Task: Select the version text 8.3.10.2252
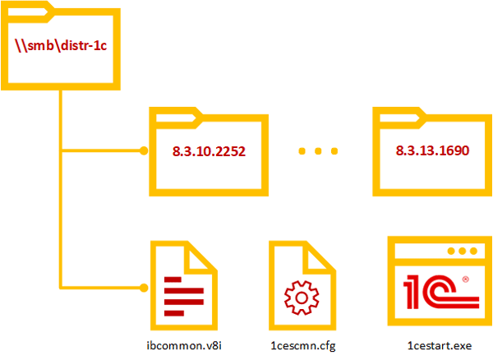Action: coord(209,152)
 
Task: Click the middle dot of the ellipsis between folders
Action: coord(319,152)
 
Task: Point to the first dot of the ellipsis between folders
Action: coord(302,152)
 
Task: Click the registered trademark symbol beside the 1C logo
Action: coord(465,279)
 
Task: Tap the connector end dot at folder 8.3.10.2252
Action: coord(143,151)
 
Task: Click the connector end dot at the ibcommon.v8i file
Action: coord(143,288)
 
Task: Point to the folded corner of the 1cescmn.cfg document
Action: coord(320,254)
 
